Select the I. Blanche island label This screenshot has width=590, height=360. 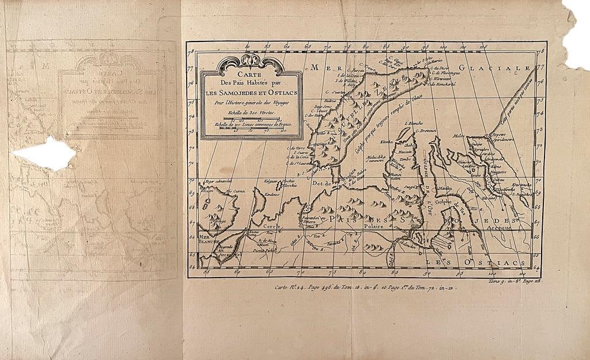(414, 123)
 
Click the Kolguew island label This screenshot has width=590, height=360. (270, 181)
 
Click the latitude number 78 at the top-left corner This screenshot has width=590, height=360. (191, 51)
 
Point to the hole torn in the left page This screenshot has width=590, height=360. (45, 153)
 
